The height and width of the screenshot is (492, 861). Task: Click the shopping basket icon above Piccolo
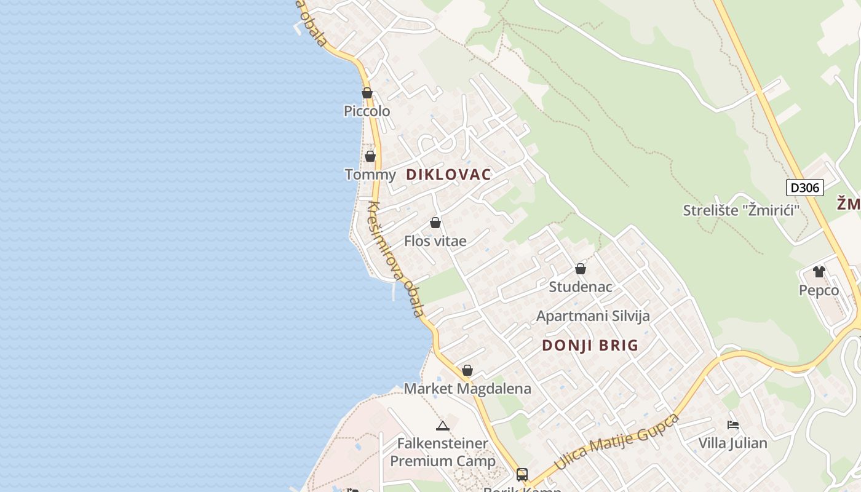click(x=367, y=93)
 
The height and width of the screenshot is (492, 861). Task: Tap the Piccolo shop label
click(x=367, y=111)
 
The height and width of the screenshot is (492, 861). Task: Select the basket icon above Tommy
click(x=370, y=156)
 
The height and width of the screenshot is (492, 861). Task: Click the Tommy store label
click(x=370, y=175)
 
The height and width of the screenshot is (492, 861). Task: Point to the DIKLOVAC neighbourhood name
click(x=449, y=175)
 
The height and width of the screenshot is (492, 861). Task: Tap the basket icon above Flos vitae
click(x=435, y=223)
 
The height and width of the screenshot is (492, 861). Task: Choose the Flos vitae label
click(x=435, y=241)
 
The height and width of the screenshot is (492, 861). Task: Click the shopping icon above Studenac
click(x=581, y=269)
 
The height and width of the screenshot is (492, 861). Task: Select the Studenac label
click(x=581, y=287)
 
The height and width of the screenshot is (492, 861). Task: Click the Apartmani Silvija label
click(x=593, y=316)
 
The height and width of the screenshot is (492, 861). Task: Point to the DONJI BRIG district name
click(x=590, y=346)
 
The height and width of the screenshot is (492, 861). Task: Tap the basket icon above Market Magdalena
click(x=467, y=370)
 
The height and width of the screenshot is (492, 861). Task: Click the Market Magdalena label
click(x=467, y=389)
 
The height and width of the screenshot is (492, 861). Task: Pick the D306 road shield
click(x=804, y=188)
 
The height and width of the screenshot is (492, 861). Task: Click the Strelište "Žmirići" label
click(x=741, y=210)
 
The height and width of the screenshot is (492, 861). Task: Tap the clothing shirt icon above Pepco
click(x=819, y=271)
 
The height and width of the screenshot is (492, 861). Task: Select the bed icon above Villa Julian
click(x=732, y=424)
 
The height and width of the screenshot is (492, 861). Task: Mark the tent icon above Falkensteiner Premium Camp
click(x=443, y=425)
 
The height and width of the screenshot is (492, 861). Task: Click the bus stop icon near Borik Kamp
click(x=522, y=474)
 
